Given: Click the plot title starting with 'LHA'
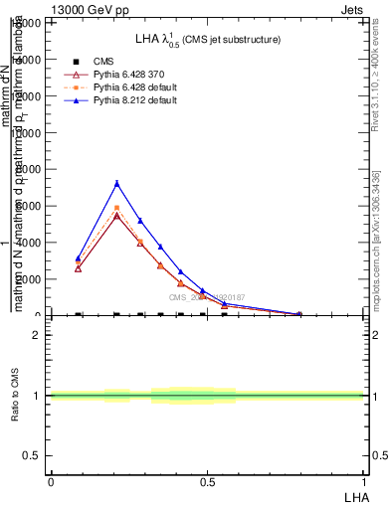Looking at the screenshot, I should (207, 39).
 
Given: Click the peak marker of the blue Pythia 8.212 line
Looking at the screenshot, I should (116, 183).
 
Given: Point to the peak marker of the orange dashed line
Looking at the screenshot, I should (116, 208).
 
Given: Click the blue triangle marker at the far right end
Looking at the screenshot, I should (299, 314).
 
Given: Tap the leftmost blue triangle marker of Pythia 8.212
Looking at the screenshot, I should (78, 258).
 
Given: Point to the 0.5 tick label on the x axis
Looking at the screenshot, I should (207, 481).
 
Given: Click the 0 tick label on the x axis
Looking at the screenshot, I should (50, 481).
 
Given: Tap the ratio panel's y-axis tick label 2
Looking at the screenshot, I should (37, 335).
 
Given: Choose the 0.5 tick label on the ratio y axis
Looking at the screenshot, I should (33, 455).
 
